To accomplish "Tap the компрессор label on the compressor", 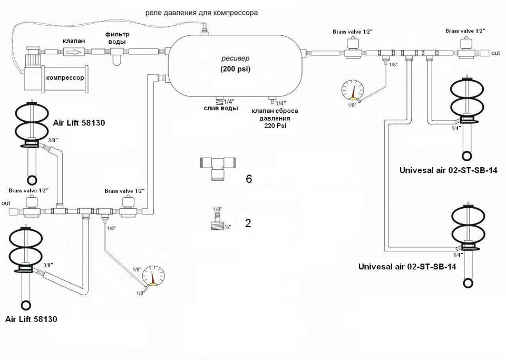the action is (x=65, y=77).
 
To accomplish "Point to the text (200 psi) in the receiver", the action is (x=236, y=69).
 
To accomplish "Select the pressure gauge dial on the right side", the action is (x=353, y=90).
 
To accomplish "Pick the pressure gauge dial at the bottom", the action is (x=153, y=276).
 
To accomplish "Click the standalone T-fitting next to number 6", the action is (x=217, y=167).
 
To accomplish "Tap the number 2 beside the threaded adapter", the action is (x=248, y=223).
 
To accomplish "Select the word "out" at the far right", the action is (x=495, y=53).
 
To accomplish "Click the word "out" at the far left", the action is (x=6, y=203).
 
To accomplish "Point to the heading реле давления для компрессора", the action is (x=201, y=13).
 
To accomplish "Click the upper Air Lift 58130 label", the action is (x=79, y=123).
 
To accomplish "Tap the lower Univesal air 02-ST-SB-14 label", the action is (x=407, y=267).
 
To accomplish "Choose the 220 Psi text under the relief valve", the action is (x=275, y=126).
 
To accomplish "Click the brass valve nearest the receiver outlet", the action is (x=353, y=48).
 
